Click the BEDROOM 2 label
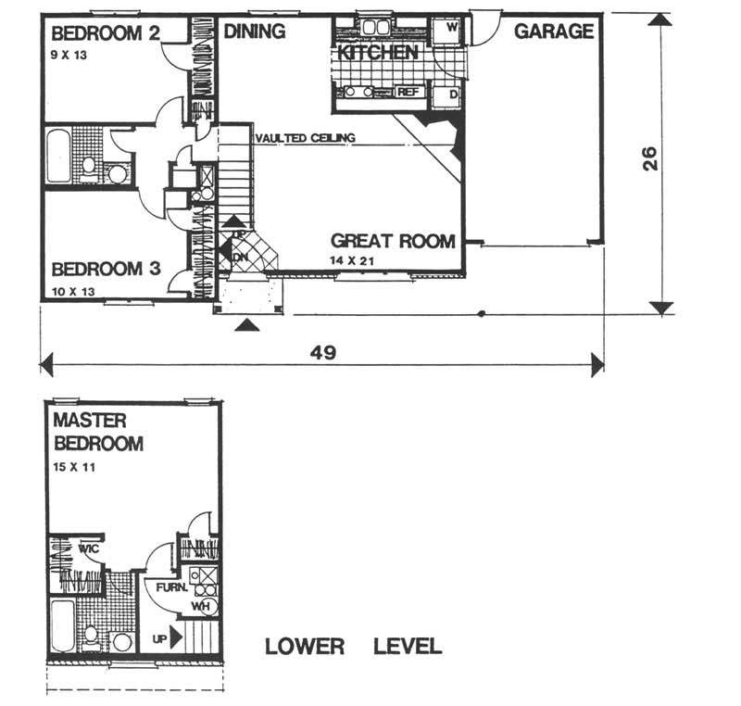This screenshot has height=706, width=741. (x=106, y=34)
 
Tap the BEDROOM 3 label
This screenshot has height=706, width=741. (x=107, y=270)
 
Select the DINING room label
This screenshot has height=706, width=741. (x=254, y=32)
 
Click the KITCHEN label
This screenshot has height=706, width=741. (x=377, y=53)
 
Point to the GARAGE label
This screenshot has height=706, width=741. (x=554, y=32)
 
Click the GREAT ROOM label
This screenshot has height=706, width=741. (x=393, y=242)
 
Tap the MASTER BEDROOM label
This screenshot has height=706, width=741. (x=97, y=432)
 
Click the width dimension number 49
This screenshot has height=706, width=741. (x=323, y=352)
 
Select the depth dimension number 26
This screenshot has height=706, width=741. (x=651, y=158)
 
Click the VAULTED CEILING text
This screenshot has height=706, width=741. (x=305, y=138)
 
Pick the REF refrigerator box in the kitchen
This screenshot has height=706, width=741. (x=408, y=93)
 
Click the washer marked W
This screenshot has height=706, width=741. (x=451, y=28)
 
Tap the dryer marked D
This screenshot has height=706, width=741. (x=453, y=95)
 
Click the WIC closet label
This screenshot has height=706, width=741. (x=89, y=548)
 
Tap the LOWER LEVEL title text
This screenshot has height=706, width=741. (x=353, y=646)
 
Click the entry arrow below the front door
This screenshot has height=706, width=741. (x=245, y=324)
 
